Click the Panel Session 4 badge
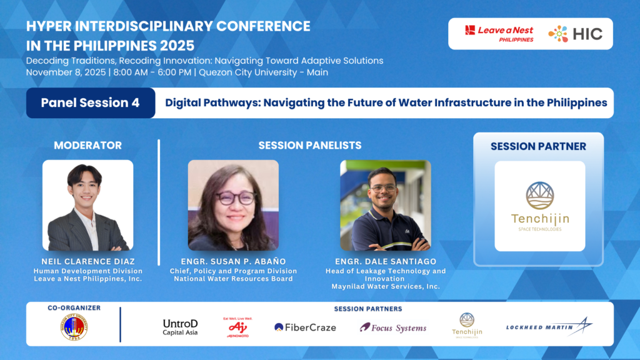click(91, 103)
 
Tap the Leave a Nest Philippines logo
click(499, 34)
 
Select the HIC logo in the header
click(575, 34)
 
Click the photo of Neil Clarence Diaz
click(87, 205)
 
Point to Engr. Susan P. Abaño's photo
click(233, 205)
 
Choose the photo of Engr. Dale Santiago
click(386, 205)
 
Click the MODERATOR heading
click(87, 146)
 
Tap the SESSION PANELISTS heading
click(310, 146)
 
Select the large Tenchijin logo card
click(539, 206)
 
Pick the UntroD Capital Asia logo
click(180, 327)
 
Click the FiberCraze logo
click(305, 327)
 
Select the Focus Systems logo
click(393, 327)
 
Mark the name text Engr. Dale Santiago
click(386, 261)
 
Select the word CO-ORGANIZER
click(74, 308)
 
